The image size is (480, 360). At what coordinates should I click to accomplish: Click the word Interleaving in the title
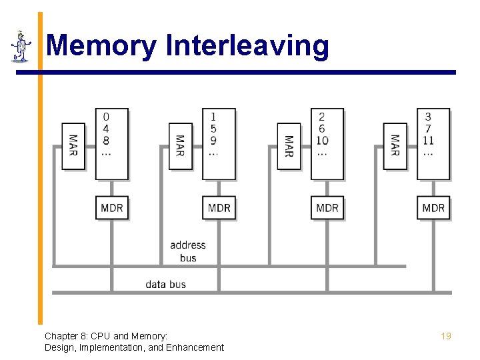(x=247, y=46)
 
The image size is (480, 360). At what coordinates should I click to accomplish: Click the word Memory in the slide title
(x=101, y=46)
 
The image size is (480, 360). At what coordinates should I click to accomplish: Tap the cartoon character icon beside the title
(x=21, y=46)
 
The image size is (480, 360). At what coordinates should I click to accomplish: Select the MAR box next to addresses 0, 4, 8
(x=73, y=146)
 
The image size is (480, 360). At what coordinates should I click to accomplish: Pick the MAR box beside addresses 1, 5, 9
(x=181, y=146)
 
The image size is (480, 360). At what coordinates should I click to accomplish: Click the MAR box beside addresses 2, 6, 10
(x=289, y=146)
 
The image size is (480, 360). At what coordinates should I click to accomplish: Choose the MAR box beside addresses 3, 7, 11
(x=395, y=146)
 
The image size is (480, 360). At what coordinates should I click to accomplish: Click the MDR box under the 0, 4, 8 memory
(x=111, y=208)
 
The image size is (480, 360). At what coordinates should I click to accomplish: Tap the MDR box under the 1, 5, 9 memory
(x=219, y=208)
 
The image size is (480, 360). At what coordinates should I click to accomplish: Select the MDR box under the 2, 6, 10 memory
(x=327, y=208)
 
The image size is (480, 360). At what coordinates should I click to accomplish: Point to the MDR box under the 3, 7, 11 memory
(x=433, y=208)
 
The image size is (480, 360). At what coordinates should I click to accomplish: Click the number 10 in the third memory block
(x=322, y=140)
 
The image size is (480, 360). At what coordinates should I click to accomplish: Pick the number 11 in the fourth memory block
(x=428, y=140)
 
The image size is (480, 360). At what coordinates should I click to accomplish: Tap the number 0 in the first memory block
(x=106, y=117)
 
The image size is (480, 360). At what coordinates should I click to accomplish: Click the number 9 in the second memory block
(x=213, y=140)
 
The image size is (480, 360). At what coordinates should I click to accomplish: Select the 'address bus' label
(x=188, y=251)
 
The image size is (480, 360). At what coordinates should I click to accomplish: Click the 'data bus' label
(x=166, y=284)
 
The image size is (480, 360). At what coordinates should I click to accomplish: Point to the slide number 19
(x=446, y=336)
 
